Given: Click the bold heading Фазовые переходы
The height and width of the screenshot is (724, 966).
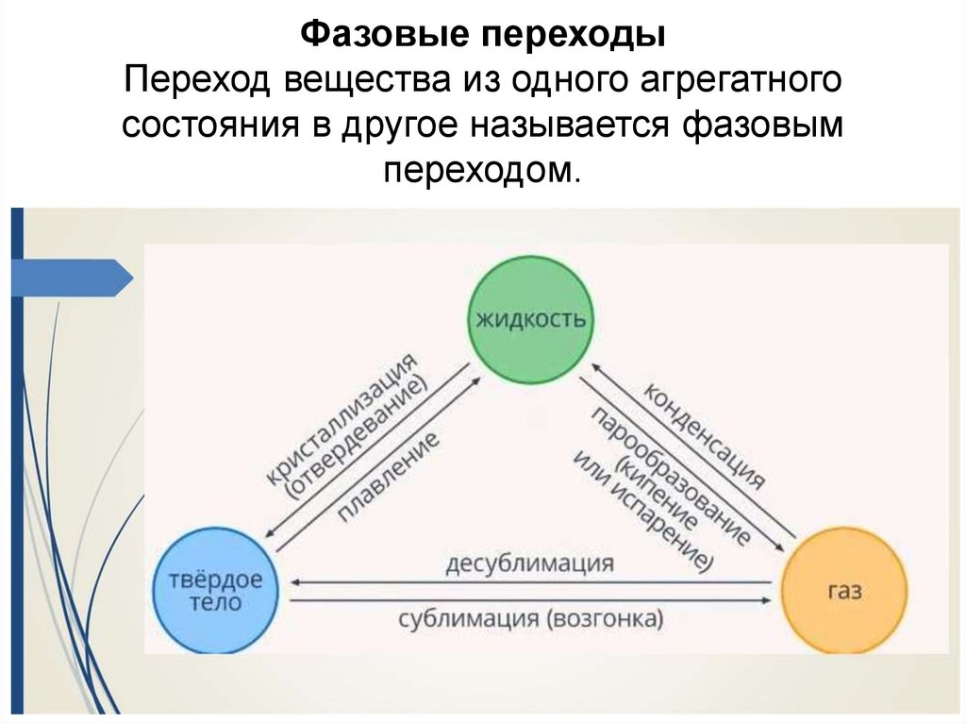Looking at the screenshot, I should pos(483,37).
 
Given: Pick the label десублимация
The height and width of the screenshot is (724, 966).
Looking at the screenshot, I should pos(529,564).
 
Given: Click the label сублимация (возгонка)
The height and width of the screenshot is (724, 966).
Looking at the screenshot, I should pos(530,619).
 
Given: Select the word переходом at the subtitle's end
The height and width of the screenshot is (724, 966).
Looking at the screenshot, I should pos(477,170).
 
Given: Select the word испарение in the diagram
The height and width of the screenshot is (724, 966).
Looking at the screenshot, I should pos(637,499).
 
